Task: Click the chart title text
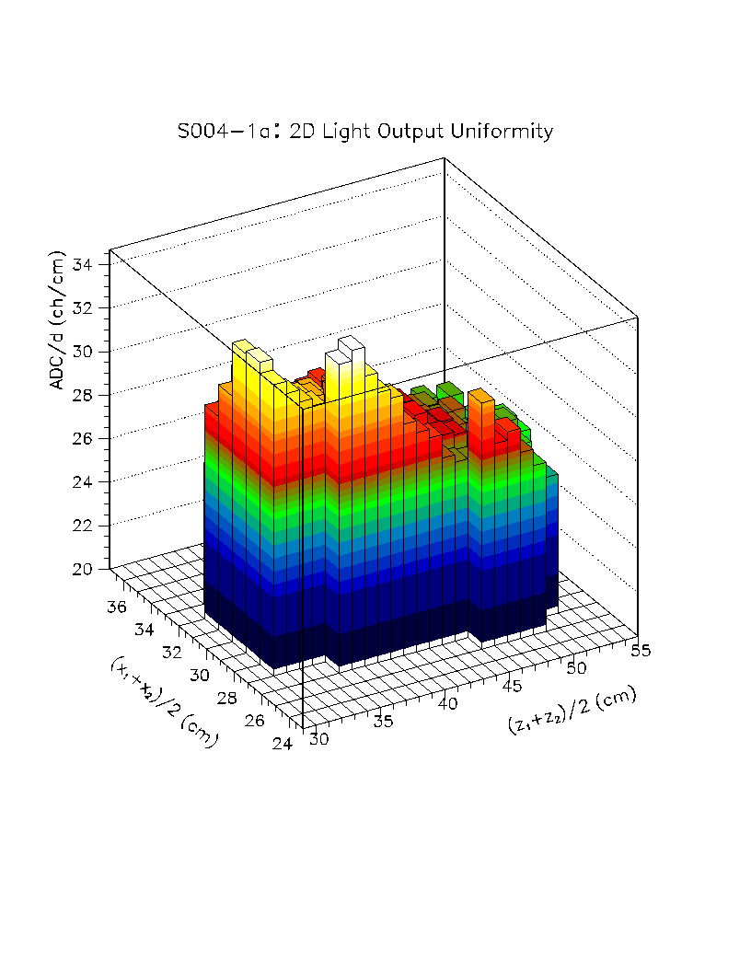(365, 132)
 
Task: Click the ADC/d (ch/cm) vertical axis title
(58, 320)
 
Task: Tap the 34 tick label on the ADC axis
(83, 265)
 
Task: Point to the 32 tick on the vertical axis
(83, 307)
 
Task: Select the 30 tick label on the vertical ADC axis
(83, 351)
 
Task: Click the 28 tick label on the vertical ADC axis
(83, 395)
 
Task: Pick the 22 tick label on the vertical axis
(83, 526)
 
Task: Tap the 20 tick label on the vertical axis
(83, 569)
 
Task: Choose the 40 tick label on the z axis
(447, 703)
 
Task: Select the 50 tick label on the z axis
(576, 666)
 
